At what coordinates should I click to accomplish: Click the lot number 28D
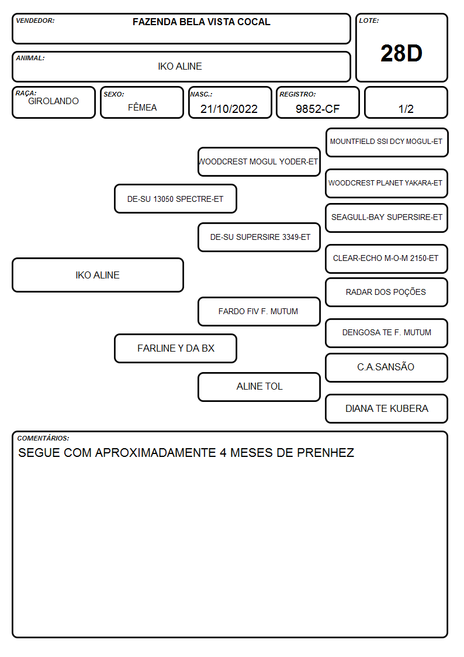point(401,53)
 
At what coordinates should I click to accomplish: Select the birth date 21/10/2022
point(229,109)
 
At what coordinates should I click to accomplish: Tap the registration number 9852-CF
point(317,109)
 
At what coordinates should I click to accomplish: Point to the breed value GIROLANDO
point(53,101)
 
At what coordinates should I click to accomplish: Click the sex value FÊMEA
point(142,107)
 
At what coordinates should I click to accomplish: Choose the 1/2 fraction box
point(406,102)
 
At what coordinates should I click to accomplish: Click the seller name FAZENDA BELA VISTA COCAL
point(201,22)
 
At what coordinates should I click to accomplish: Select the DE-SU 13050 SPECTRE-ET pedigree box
point(175,198)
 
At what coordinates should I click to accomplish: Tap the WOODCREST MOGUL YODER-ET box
point(259,161)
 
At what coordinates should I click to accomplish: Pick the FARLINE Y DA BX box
point(175,348)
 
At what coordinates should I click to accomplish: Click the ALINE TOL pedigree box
point(259,387)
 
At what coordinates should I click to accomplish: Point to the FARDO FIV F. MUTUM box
point(259,311)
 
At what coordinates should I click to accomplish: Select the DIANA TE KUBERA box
point(387,408)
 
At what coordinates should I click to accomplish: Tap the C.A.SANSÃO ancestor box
point(387,367)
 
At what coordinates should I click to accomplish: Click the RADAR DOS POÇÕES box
point(387,292)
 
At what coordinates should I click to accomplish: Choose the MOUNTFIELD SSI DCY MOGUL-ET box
point(387,143)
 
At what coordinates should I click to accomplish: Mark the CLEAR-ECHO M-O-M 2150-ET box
point(387,259)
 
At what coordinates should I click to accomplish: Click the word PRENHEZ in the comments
point(326,452)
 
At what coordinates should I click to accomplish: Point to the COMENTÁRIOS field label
point(43,438)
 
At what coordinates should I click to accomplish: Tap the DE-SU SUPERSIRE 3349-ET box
point(259,237)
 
